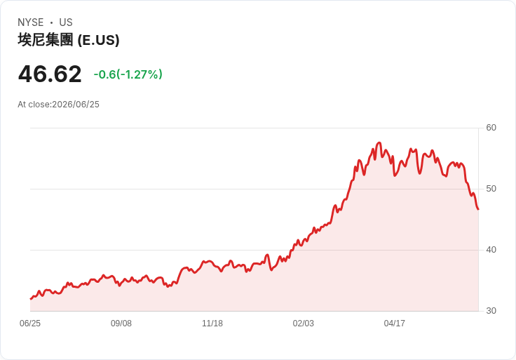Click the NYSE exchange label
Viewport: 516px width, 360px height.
click(31, 22)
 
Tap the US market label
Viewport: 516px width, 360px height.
click(66, 22)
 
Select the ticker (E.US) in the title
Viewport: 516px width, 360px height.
click(98, 40)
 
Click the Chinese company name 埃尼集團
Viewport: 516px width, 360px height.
click(46, 40)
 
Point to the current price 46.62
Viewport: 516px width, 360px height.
click(50, 74)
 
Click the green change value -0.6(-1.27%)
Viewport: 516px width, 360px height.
click(128, 74)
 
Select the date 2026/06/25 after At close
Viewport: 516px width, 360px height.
click(76, 105)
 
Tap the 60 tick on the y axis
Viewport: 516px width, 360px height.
click(491, 128)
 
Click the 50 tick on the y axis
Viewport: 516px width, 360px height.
click(491, 189)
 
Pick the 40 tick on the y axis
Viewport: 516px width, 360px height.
click(491, 250)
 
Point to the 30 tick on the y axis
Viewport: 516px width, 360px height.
click(491, 311)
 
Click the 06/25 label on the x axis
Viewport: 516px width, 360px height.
click(30, 324)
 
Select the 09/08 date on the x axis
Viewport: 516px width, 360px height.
click(121, 324)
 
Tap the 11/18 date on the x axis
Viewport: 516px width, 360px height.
click(212, 324)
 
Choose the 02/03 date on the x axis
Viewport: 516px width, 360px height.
click(303, 324)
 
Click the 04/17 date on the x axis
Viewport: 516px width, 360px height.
click(394, 324)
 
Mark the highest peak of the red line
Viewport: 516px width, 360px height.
click(379, 142)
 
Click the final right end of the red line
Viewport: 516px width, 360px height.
click(478, 209)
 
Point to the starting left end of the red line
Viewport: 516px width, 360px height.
click(31, 299)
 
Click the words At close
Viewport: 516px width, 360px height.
click(34, 105)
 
